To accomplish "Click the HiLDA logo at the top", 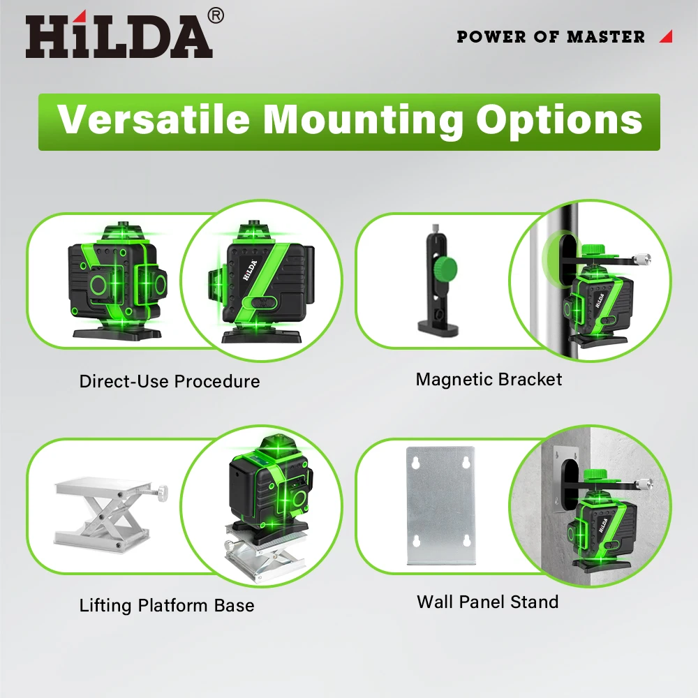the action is tap(119, 36).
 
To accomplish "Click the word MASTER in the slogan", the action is tap(606, 37).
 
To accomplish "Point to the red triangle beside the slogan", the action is tap(667, 36).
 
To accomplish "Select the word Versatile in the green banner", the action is tap(154, 119).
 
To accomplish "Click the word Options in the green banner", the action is tap(559, 121).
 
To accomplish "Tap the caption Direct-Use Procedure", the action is tap(170, 382).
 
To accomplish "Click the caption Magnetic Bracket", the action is tap(489, 379).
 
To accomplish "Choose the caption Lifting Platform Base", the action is tap(167, 605).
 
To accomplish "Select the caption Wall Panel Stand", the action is tap(487, 602).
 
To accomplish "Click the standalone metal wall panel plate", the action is tap(440, 505).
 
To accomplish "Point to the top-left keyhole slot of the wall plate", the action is tap(415, 463).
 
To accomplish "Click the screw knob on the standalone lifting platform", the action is tap(162, 492).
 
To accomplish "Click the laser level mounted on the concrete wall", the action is tap(602, 530).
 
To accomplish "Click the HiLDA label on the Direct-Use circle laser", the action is tap(250, 270).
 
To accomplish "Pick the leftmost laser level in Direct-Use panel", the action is tap(117, 281).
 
